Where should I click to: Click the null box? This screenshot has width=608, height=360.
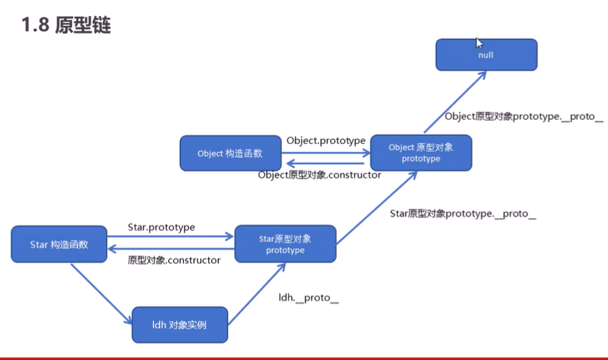[x=486, y=54]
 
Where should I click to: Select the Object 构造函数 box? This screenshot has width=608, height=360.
[x=230, y=153]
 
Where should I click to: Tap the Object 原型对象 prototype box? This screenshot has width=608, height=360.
[x=421, y=153]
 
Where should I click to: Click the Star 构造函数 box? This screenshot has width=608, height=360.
[x=59, y=244]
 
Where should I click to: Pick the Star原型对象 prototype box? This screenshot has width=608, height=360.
[x=285, y=244]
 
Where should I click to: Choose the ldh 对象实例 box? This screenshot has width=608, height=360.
[x=180, y=325]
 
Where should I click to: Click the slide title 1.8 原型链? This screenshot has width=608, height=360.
[x=66, y=25]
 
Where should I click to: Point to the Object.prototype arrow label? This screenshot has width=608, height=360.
[x=326, y=140]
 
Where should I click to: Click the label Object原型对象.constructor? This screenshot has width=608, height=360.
[x=320, y=175]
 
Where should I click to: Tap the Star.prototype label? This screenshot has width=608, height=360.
[x=161, y=227]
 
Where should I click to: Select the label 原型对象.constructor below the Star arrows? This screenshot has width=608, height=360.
[x=174, y=260]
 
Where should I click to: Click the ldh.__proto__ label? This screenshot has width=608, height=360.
[x=309, y=298]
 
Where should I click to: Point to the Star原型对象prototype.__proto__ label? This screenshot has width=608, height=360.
[x=463, y=214]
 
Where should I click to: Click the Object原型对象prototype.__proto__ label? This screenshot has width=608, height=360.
[x=524, y=117]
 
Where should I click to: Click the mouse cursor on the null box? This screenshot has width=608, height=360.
[x=479, y=43]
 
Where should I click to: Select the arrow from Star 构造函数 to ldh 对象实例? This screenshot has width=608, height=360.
[x=101, y=294]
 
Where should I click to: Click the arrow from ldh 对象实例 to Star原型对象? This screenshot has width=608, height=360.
[x=257, y=294]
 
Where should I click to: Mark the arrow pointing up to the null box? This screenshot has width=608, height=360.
[x=455, y=102]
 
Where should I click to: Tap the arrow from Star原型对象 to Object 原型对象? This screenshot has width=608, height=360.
[x=376, y=208]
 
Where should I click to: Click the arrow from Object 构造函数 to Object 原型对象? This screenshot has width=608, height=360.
[x=326, y=153]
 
